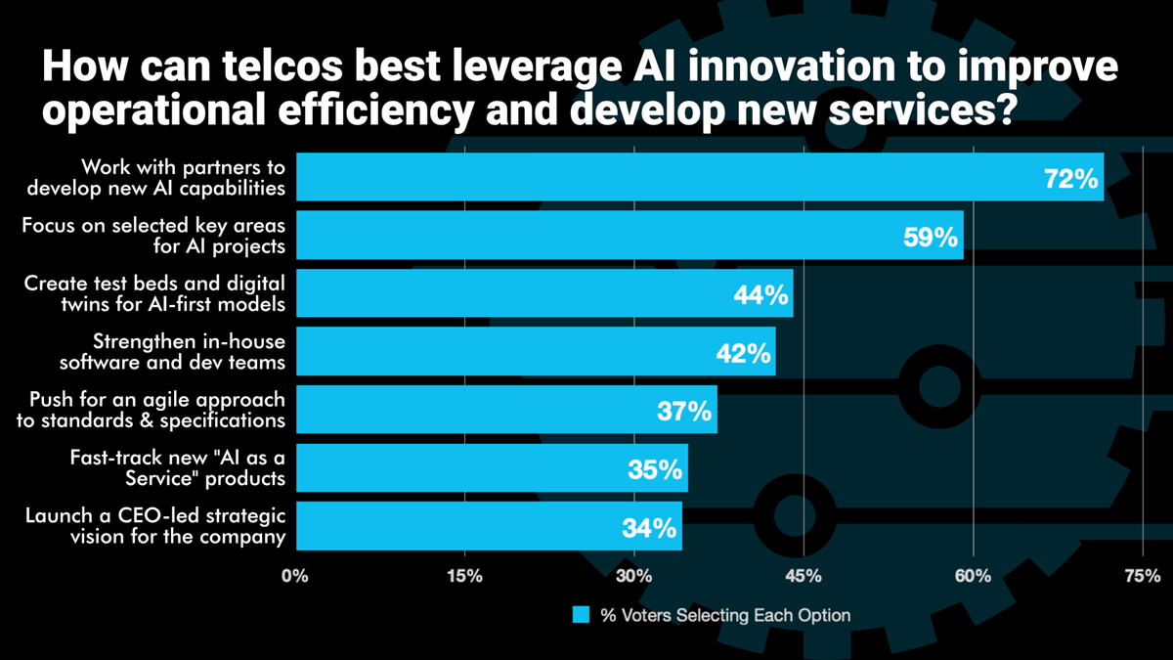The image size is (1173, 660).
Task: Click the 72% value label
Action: point(1071,179)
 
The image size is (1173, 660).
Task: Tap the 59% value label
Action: point(931,237)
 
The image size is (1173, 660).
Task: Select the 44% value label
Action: point(761,295)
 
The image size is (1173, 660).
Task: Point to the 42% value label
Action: point(743,353)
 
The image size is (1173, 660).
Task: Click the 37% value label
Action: point(684,411)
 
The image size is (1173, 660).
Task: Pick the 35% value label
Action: point(655,469)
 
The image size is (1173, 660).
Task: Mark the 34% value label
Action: point(649,528)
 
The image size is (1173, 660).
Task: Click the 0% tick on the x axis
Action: point(295,576)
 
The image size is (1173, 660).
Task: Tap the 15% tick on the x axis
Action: point(464,576)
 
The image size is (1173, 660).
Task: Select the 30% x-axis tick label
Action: point(633,576)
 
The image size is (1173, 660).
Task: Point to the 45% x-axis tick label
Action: point(804,576)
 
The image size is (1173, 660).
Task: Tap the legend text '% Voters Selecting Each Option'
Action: point(725,615)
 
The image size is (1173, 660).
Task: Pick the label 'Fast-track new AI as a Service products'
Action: point(177,468)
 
